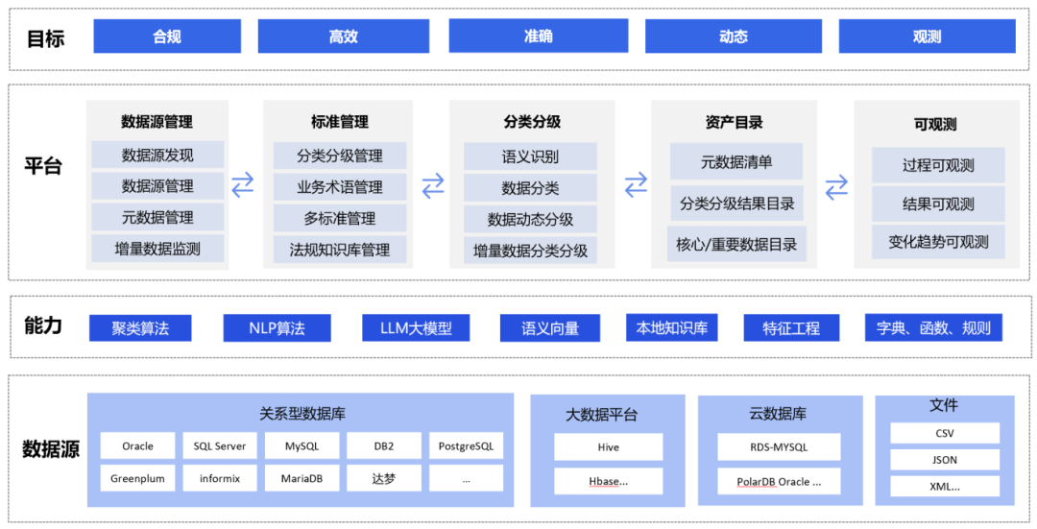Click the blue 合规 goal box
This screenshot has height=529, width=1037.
click(167, 36)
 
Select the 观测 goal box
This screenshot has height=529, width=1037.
click(927, 36)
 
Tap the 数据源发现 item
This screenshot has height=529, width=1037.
click(157, 155)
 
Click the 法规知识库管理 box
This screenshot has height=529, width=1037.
click(340, 250)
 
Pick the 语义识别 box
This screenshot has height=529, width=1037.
click(530, 156)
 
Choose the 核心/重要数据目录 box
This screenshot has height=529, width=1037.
click(736, 244)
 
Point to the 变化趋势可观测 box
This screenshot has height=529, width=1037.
click(938, 242)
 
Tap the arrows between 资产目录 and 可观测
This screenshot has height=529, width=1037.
click(837, 186)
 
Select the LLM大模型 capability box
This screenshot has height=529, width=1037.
click(416, 328)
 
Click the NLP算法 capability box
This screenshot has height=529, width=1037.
click(277, 328)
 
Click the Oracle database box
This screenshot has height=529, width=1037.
click(137, 445)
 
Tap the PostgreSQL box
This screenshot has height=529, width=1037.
click(466, 445)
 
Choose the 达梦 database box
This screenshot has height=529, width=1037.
click(384, 477)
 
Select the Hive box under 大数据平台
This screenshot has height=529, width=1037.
click(608, 446)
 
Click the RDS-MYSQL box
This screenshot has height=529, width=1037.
click(779, 446)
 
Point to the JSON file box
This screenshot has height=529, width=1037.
click(944, 460)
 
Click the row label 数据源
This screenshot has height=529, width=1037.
click(50, 448)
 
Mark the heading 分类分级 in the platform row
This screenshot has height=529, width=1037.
click(532, 122)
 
